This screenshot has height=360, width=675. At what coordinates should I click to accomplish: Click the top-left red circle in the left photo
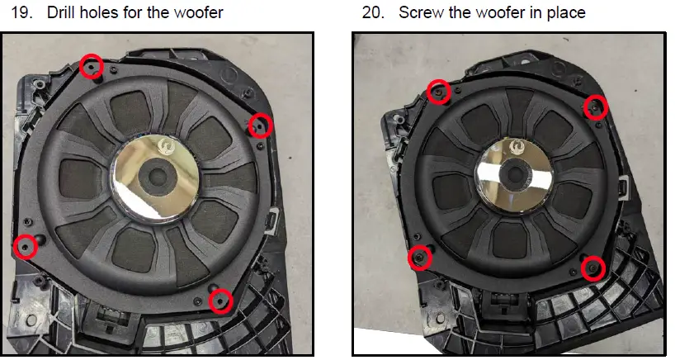[x=92, y=65]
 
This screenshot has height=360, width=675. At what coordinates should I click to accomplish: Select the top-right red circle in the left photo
[x=261, y=126]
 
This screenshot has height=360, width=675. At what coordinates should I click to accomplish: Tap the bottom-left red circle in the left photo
[x=26, y=245]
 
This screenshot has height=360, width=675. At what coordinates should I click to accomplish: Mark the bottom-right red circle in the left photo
[x=219, y=301]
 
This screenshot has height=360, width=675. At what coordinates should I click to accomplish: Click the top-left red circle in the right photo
[x=440, y=91]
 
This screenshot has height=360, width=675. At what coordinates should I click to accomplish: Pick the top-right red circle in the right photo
[x=596, y=107]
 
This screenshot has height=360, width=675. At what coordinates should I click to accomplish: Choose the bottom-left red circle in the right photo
[x=420, y=258]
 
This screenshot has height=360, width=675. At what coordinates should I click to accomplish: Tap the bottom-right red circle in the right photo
[x=593, y=268]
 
